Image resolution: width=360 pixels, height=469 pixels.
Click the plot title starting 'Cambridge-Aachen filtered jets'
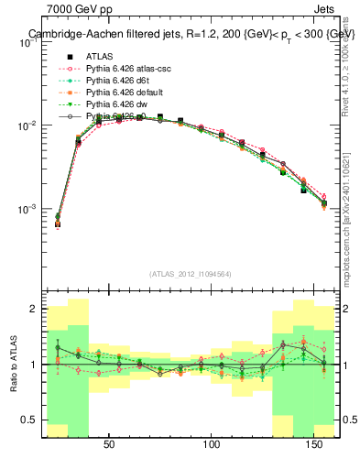point(191,34)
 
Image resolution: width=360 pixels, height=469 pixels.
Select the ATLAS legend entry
point(101,56)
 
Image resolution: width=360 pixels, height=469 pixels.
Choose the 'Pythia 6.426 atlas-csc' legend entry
point(127,69)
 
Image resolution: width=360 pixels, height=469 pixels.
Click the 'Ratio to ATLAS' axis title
point(12,365)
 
